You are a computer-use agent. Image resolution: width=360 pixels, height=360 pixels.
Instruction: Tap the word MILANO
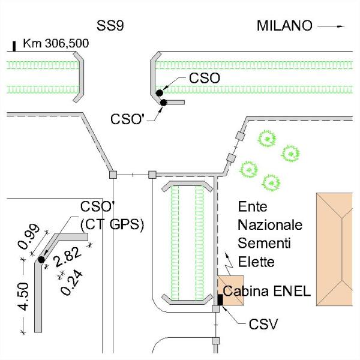(284, 26)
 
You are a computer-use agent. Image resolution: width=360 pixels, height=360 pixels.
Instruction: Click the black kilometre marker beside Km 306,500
(14, 46)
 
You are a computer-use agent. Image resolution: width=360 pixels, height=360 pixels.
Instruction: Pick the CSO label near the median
(205, 78)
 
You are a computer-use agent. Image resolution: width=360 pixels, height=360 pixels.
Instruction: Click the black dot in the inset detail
(41, 259)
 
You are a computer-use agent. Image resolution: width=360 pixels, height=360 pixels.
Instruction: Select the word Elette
(257, 262)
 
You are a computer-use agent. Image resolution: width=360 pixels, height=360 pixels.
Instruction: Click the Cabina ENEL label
(266, 292)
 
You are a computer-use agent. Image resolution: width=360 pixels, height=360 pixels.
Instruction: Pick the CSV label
(264, 325)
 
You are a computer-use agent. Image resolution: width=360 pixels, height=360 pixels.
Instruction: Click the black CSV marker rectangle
(220, 300)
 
